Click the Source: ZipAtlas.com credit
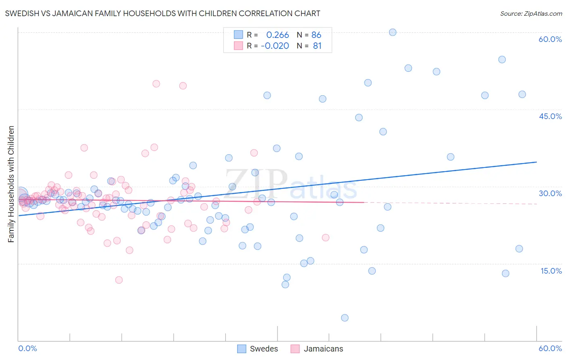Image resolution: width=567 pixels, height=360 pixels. pyautogui.click(x=531, y=13)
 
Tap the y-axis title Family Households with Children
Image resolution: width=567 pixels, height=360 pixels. pyautogui.click(x=11, y=184)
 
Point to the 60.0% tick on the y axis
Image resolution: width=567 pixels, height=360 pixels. pyautogui.click(x=550, y=39)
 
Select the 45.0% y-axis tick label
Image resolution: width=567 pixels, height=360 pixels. pyautogui.click(x=550, y=116)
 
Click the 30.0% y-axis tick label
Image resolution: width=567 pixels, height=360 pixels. pyautogui.click(x=550, y=193)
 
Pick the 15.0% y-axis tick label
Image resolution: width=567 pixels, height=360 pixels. pyautogui.click(x=551, y=271)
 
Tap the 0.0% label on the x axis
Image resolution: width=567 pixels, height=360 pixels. pyautogui.click(x=28, y=348)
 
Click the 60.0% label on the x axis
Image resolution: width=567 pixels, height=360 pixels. pyautogui.click(x=550, y=348)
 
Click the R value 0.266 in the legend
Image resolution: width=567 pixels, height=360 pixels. pyautogui.click(x=277, y=35)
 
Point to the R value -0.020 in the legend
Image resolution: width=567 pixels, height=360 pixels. pyautogui.click(x=275, y=46)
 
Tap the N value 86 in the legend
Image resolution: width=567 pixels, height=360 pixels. pyautogui.click(x=316, y=35)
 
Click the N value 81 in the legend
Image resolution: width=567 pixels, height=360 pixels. pyautogui.click(x=317, y=46)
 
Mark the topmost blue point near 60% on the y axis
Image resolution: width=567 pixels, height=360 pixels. pyautogui.click(x=392, y=32)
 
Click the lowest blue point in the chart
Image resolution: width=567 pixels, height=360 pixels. pyautogui.click(x=344, y=318)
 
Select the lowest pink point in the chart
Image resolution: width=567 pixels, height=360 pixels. pyautogui.click(x=119, y=280)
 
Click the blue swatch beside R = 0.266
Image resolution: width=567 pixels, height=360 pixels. pyautogui.click(x=238, y=35)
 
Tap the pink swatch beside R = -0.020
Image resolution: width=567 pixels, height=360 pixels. pyautogui.click(x=238, y=46)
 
